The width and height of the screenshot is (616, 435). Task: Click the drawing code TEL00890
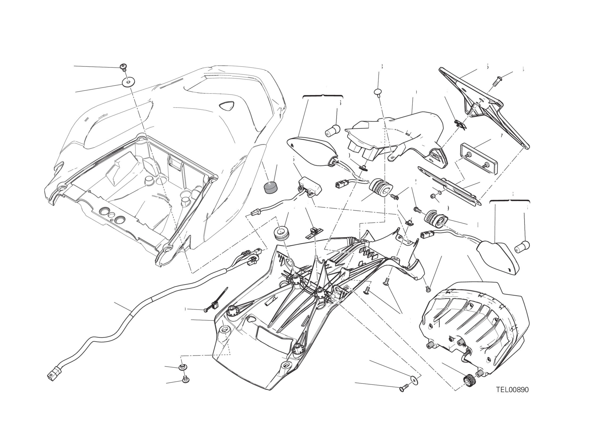[512, 390]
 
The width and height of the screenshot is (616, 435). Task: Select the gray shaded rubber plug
[270, 187]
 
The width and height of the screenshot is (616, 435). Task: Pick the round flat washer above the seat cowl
[128, 82]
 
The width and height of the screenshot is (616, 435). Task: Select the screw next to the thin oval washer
[403, 388]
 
